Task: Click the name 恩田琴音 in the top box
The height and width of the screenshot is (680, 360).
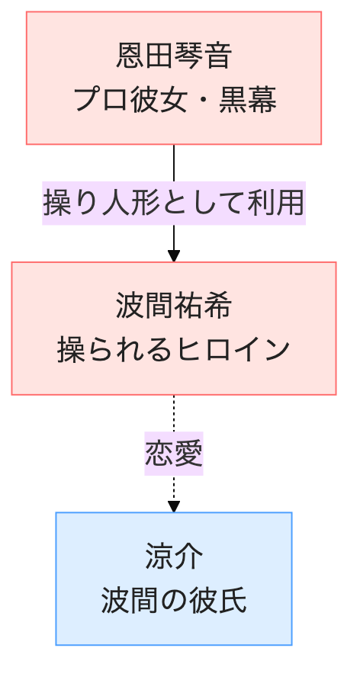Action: tap(174, 56)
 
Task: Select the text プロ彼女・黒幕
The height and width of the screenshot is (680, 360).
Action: tap(174, 100)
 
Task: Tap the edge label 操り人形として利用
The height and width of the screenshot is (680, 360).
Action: tap(174, 203)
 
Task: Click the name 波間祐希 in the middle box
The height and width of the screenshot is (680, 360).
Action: tap(174, 306)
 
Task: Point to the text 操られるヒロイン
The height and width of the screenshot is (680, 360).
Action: tap(174, 351)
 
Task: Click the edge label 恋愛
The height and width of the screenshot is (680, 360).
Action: tap(174, 454)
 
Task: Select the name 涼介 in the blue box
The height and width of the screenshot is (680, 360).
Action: tap(174, 557)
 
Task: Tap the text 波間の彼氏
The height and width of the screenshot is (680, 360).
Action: tap(174, 601)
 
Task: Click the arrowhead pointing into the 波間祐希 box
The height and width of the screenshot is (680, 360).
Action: tap(174, 256)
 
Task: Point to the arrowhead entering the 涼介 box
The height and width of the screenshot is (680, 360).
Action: tap(174, 506)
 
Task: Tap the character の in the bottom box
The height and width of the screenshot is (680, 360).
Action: tap(174, 601)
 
